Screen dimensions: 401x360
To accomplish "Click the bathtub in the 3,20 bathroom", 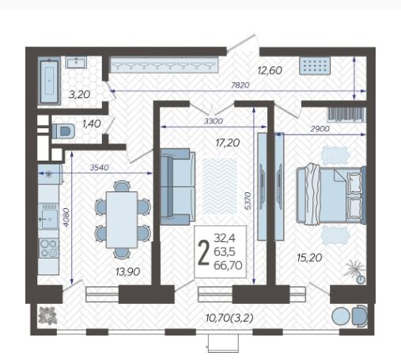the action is [49, 81].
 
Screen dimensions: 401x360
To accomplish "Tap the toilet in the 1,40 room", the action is [63, 131].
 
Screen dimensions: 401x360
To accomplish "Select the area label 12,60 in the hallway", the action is [270, 70].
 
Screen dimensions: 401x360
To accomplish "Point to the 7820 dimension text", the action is [240, 85].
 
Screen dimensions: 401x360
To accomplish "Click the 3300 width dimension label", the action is [214, 121].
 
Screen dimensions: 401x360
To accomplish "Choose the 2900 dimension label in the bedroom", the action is [320, 129].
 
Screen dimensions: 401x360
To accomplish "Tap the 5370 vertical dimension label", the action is [248, 201].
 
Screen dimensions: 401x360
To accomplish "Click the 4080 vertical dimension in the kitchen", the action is [66, 217].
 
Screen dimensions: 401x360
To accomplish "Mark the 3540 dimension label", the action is [99, 167].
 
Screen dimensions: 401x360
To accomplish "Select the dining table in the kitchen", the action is [122, 220].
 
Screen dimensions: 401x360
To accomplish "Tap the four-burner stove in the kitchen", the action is [48, 248].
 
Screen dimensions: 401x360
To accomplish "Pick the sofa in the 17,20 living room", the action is [178, 187].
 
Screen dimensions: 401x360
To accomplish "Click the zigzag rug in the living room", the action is [220, 186].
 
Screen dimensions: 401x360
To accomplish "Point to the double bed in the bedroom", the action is [331, 195].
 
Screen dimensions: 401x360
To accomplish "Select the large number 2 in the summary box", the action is [203, 252].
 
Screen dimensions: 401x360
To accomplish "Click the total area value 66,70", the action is [228, 265].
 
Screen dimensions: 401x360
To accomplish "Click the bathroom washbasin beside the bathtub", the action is [76, 63].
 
